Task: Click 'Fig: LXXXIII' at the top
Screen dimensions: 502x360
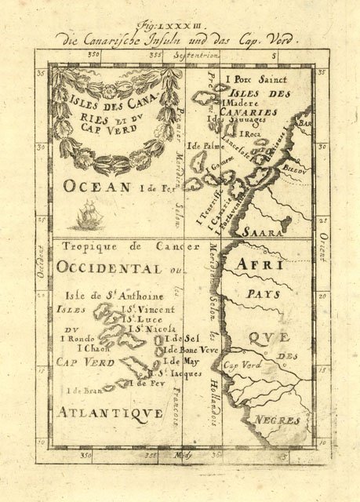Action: point(180,26)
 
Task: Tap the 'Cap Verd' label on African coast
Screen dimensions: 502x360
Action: point(241,366)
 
